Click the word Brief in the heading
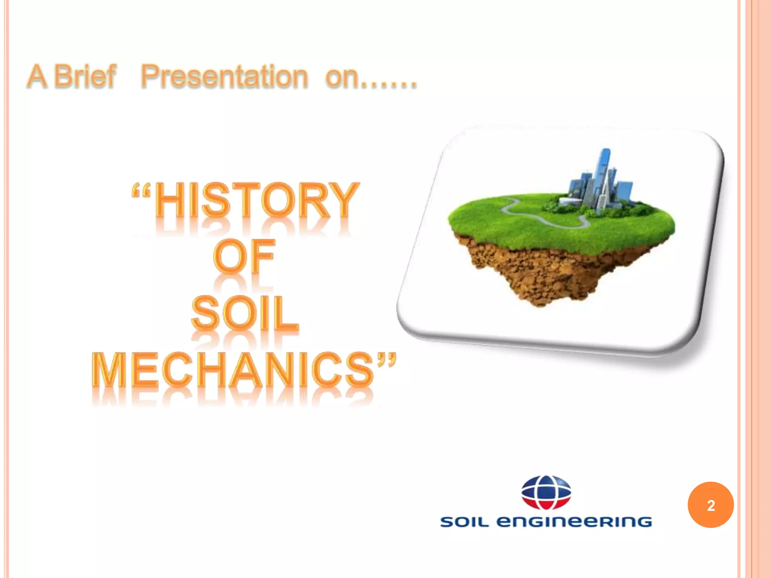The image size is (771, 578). [85, 76]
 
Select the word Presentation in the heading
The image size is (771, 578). [224, 76]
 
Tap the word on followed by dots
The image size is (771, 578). [371, 77]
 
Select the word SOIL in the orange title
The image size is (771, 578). [245, 313]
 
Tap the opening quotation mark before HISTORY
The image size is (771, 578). [141, 191]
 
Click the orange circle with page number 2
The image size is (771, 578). [710, 505]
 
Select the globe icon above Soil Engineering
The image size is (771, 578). [546, 492]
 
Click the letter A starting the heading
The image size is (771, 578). [38, 76]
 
